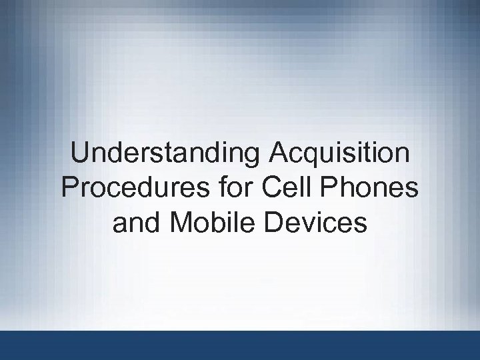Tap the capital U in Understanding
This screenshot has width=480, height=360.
coord(80,154)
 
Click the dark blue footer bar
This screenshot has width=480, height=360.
coord(240,345)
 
